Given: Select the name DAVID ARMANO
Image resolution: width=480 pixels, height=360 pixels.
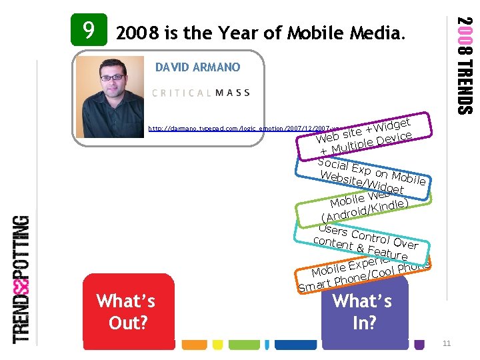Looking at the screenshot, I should pyautogui.click(x=197, y=67).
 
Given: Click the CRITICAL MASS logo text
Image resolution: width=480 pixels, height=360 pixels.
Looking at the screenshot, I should pyautogui.click(x=201, y=93).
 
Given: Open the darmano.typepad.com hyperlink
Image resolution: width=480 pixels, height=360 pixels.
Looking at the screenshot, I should pyautogui.click(x=240, y=127).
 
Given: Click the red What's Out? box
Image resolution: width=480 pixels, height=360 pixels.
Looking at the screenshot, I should pyautogui.click(x=126, y=311).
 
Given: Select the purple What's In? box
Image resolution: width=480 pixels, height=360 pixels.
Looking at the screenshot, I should pyautogui.click(x=364, y=311).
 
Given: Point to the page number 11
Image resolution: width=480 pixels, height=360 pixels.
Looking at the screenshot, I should pyautogui.click(x=447, y=343).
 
